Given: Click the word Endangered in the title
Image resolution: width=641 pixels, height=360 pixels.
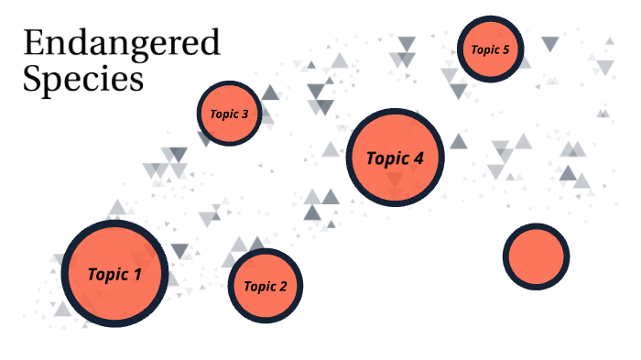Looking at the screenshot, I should [x=121, y=44].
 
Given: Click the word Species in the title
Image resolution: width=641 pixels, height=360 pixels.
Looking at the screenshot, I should [x=83, y=79].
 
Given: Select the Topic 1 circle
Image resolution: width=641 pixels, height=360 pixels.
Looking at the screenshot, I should [x=115, y=273].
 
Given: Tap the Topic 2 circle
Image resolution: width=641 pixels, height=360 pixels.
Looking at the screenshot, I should [x=265, y=286].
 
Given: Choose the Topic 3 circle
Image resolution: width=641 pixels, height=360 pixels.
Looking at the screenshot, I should [x=229, y=115].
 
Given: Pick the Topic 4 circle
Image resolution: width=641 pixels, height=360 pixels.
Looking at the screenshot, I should [x=395, y=158].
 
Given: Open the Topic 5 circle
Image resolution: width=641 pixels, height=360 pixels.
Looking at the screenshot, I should [x=490, y=49].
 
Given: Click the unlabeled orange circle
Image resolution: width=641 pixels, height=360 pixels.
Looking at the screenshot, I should [x=536, y=256].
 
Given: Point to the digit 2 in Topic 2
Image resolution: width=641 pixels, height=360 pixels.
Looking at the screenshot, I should [x=283, y=286].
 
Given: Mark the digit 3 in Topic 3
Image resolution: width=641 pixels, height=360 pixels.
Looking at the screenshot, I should [x=244, y=115].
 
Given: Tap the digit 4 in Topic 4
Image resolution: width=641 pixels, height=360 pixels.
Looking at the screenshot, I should [x=418, y=158].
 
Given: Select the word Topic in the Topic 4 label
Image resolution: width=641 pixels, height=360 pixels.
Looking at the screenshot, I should [x=387, y=158].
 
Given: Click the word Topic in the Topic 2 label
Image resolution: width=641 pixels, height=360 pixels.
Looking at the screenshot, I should [x=259, y=286].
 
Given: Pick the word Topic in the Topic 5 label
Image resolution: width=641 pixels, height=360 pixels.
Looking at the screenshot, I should [x=484, y=49].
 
